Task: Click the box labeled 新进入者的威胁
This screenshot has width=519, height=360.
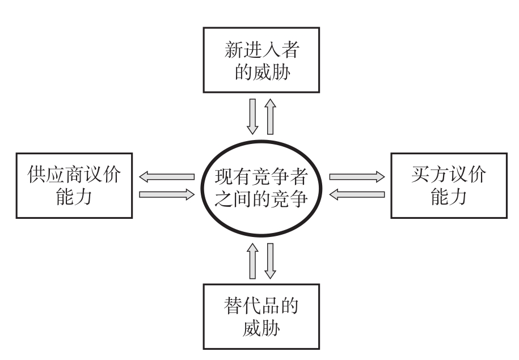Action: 260,60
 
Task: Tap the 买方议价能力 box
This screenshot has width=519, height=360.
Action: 448,185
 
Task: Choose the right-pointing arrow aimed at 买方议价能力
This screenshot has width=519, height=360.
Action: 357,177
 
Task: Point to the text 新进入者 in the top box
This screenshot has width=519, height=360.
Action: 260,50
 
